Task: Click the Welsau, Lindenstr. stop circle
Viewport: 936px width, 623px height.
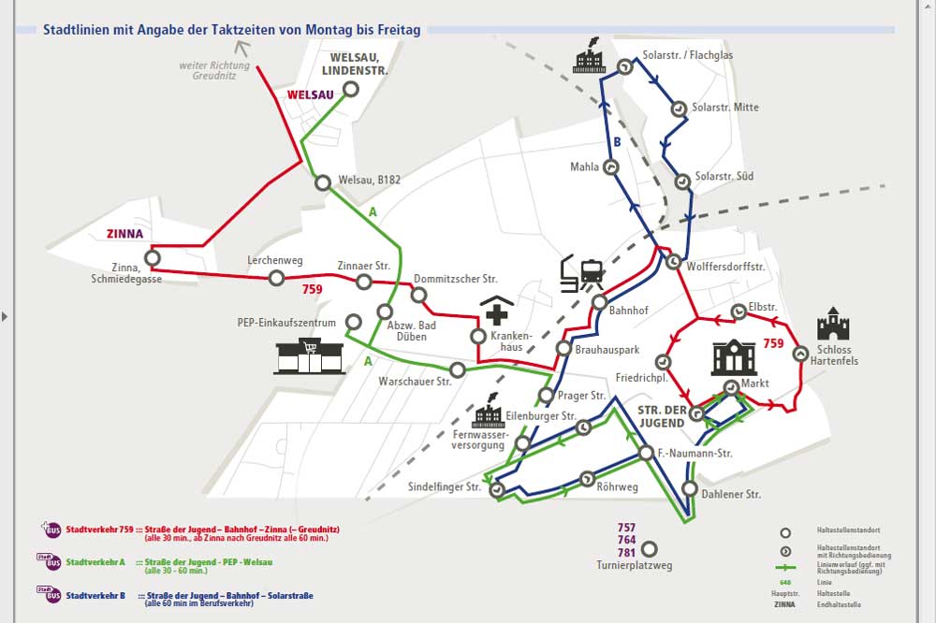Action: [351, 90]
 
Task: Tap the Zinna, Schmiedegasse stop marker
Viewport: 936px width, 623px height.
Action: [152, 257]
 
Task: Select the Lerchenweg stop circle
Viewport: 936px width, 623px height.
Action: [276, 278]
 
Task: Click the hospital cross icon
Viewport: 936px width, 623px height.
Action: [497, 313]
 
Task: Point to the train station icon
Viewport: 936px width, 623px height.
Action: [582, 273]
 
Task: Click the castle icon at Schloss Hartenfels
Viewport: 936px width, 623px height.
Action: [832, 324]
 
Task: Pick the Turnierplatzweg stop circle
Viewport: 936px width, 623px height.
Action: [648, 549]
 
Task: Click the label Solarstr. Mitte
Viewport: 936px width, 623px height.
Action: [725, 108]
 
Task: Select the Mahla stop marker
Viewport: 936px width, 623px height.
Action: [610, 167]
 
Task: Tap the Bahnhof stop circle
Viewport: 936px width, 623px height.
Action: [600, 301]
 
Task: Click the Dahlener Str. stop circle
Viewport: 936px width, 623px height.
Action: [689, 488]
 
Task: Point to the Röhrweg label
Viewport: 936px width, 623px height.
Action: [617, 487]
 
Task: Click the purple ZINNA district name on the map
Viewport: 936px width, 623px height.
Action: [124, 235]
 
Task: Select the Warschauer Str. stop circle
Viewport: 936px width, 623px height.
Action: [457, 369]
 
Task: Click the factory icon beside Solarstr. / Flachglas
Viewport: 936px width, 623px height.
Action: [591, 59]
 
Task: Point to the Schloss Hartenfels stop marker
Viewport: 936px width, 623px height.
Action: [800, 354]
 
